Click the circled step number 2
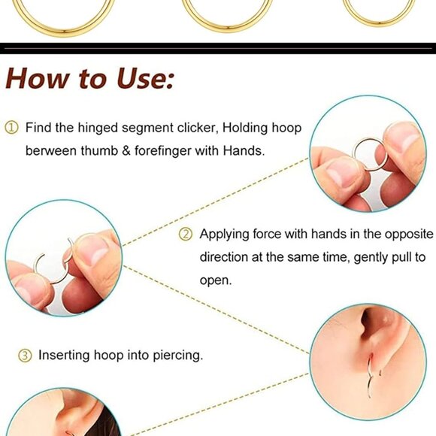[x=185, y=234]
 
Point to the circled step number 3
[x=25, y=355]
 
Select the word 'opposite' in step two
[x=402, y=234]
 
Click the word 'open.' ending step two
[x=215, y=279]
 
